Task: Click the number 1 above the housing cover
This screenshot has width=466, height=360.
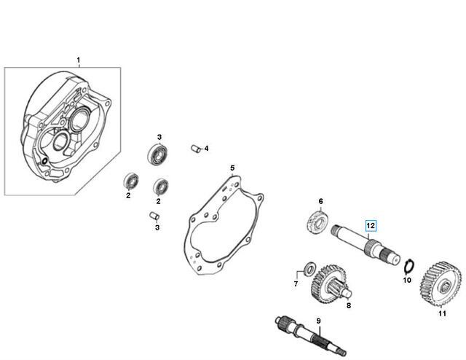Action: pos(79,60)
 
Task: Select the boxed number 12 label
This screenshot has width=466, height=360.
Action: pos(371,226)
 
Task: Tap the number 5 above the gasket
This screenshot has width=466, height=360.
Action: pos(232,168)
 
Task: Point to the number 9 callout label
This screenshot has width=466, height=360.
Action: pos(319,321)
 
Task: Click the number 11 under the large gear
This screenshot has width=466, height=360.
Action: pos(442,313)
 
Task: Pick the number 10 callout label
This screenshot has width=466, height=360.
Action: pos(407,280)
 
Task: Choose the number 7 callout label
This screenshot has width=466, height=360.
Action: pos(296,284)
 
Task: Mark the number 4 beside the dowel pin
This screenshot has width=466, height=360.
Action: pos(206,148)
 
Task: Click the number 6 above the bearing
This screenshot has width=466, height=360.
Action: pos(320,201)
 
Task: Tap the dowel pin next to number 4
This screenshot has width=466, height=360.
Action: pos(194,148)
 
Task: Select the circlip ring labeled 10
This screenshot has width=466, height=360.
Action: pos(409,266)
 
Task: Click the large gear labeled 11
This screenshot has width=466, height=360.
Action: pos(441,284)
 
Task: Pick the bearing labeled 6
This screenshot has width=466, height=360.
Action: pos(317,222)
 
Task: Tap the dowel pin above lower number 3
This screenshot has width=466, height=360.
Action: pos(154,215)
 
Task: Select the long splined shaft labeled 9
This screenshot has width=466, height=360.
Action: pos(310,335)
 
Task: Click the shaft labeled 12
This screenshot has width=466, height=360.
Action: pos(366,244)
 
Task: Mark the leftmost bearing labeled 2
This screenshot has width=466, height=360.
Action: pos(131,180)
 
